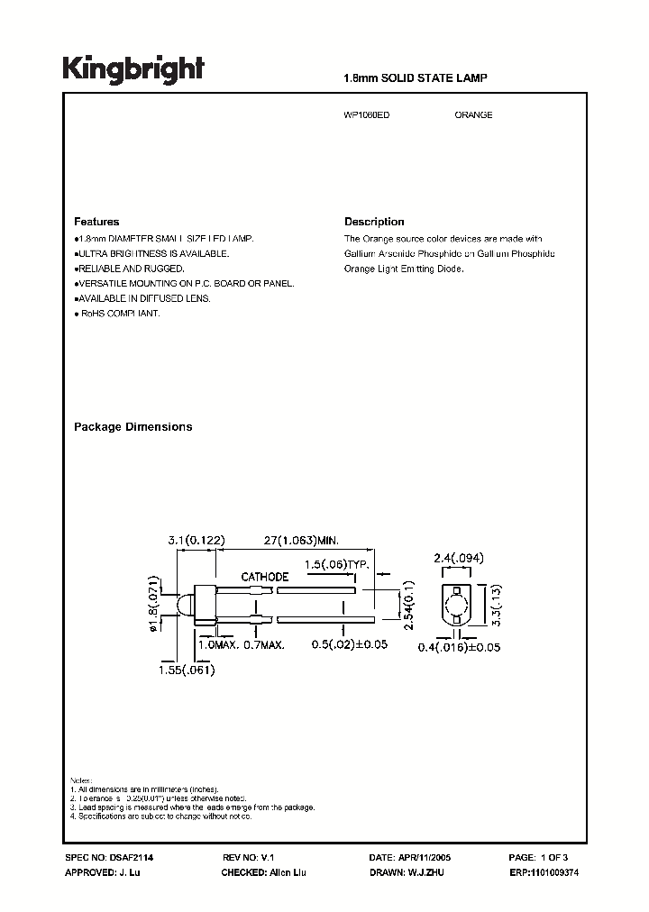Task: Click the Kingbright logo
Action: pyautogui.click(x=133, y=68)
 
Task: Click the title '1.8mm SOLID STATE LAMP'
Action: pyautogui.click(x=416, y=79)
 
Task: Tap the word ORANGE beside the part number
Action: pyautogui.click(x=473, y=115)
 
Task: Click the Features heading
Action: pyautogui.click(x=96, y=222)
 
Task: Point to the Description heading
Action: pyautogui.click(x=374, y=222)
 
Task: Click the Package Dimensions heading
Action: pyautogui.click(x=133, y=427)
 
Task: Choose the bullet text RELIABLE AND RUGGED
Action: pyautogui.click(x=132, y=269)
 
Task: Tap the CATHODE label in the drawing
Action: pyautogui.click(x=264, y=577)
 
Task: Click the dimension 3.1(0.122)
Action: pyautogui.click(x=196, y=540)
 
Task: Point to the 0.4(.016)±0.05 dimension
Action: pyautogui.click(x=460, y=647)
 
